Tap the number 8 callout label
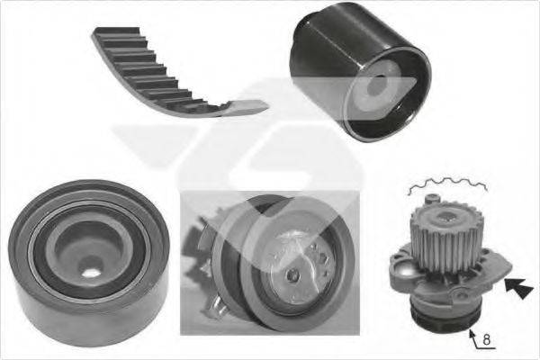[x=486, y=339]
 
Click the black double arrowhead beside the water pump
[x=519, y=288]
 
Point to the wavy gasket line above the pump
[x=447, y=184]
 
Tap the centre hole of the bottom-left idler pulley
[x=91, y=274]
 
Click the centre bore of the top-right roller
[x=377, y=86]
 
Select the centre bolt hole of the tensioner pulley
[x=292, y=274]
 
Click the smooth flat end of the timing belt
[x=248, y=106]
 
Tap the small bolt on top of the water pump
[x=433, y=199]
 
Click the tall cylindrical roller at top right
[x=360, y=72]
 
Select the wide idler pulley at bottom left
[x=89, y=263]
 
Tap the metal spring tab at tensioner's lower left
[x=212, y=306]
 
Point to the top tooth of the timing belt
[x=117, y=31]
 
